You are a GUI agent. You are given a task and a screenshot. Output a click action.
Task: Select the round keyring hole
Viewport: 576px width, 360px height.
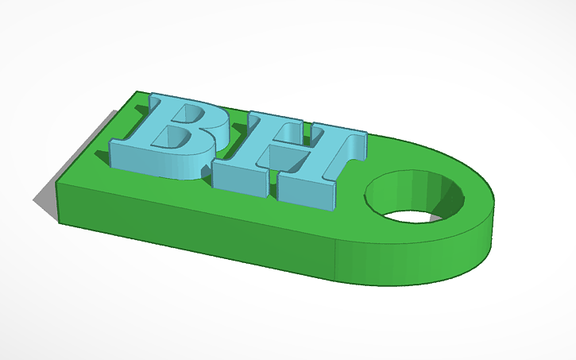[414, 195]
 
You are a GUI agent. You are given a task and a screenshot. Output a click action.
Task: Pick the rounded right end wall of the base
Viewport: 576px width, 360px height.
[461, 254]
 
